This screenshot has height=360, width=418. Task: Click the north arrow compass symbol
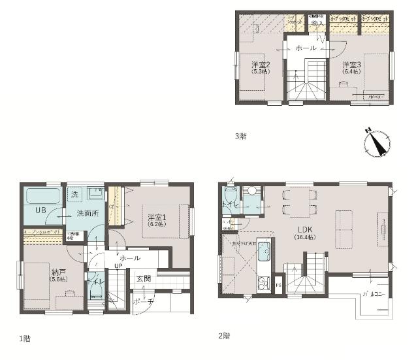click(376, 142)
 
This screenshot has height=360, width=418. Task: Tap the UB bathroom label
click(40, 210)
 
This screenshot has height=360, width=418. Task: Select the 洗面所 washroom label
click(86, 213)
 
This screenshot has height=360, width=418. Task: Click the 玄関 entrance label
click(144, 279)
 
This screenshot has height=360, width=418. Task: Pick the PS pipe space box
click(278, 286)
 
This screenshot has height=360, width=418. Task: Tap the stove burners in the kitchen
click(264, 284)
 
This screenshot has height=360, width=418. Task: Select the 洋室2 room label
click(261, 65)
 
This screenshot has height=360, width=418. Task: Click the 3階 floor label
click(240, 136)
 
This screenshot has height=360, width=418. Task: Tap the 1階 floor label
click(25, 338)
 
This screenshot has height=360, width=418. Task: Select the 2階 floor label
click(224, 336)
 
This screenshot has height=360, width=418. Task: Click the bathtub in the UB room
click(43, 197)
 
